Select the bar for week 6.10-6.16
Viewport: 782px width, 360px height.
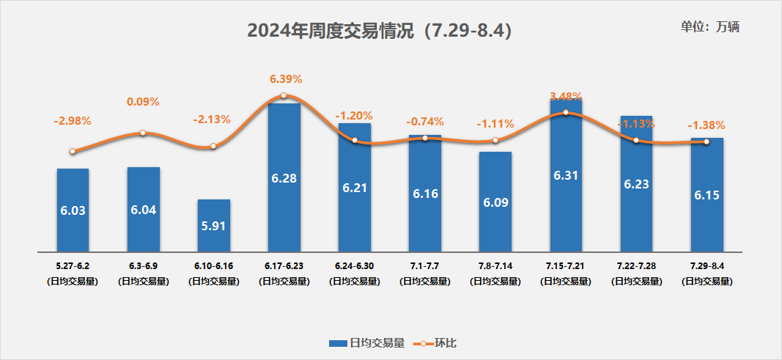(213, 225)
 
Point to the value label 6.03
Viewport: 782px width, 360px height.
(73, 210)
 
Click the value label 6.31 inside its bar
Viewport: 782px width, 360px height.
(565, 175)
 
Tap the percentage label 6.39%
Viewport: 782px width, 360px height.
(286, 78)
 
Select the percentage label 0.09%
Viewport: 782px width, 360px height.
(143, 102)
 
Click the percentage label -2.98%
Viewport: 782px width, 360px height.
(72, 120)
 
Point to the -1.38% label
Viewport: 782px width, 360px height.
(706, 125)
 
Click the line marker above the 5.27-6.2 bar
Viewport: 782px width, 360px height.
(73, 152)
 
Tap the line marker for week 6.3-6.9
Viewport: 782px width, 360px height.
(143, 133)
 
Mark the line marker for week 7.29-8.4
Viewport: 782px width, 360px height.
(706, 142)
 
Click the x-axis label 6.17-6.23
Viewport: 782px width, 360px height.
(284, 265)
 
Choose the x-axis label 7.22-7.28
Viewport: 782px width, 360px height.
(635, 265)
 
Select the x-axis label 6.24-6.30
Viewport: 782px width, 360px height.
(354, 265)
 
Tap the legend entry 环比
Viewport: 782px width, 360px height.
(437, 342)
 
